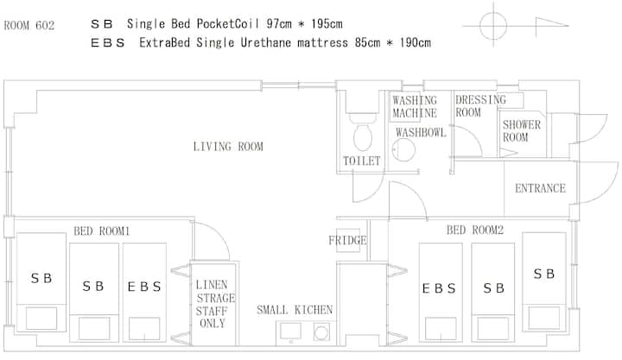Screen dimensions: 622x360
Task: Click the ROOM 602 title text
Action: [x=29, y=26]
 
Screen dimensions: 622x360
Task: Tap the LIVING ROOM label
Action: [x=228, y=147]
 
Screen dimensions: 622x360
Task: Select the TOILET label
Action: [x=361, y=161]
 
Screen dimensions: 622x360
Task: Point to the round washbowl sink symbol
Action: [x=403, y=150]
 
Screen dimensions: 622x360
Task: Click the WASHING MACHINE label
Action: [x=415, y=107]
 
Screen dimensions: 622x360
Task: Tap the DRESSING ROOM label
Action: [x=480, y=106]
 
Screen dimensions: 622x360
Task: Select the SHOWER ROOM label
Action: [x=522, y=131]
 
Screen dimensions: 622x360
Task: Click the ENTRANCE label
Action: [x=540, y=188]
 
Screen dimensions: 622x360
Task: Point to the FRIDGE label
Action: [x=347, y=240]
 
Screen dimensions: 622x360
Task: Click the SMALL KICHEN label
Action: [x=295, y=310]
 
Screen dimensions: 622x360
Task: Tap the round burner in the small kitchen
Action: [x=321, y=332]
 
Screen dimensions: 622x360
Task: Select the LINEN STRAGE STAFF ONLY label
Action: [x=214, y=304]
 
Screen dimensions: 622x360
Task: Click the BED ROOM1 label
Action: [x=102, y=231]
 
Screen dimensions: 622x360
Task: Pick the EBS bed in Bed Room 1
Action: [x=144, y=292]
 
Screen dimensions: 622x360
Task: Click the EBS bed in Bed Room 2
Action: [x=441, y=292]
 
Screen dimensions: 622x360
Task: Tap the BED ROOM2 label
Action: [x=475, y=230]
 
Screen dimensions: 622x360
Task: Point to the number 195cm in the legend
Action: [x=327, y=24]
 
